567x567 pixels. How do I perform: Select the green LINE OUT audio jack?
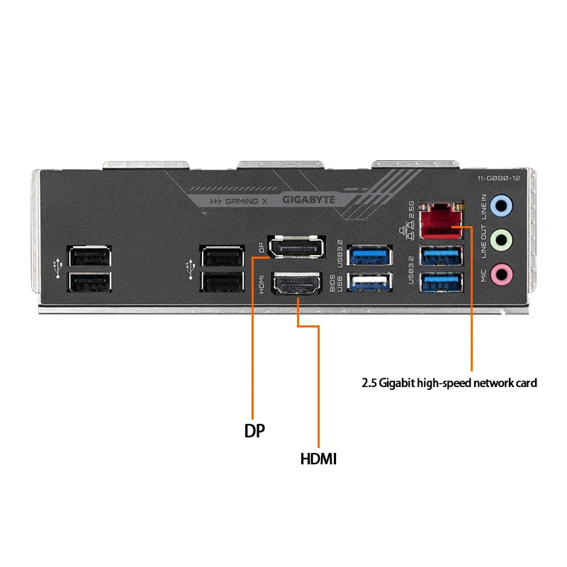[502, 239]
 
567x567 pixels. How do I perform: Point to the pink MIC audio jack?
[502, 272]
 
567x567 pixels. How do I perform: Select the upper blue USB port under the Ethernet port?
[442, 256]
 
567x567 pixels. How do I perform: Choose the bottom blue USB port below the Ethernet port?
[442, 283]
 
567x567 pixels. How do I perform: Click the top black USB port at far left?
[89, 255]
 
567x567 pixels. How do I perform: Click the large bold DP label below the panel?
[254, 430]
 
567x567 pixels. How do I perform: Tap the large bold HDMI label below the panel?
[318, 459]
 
